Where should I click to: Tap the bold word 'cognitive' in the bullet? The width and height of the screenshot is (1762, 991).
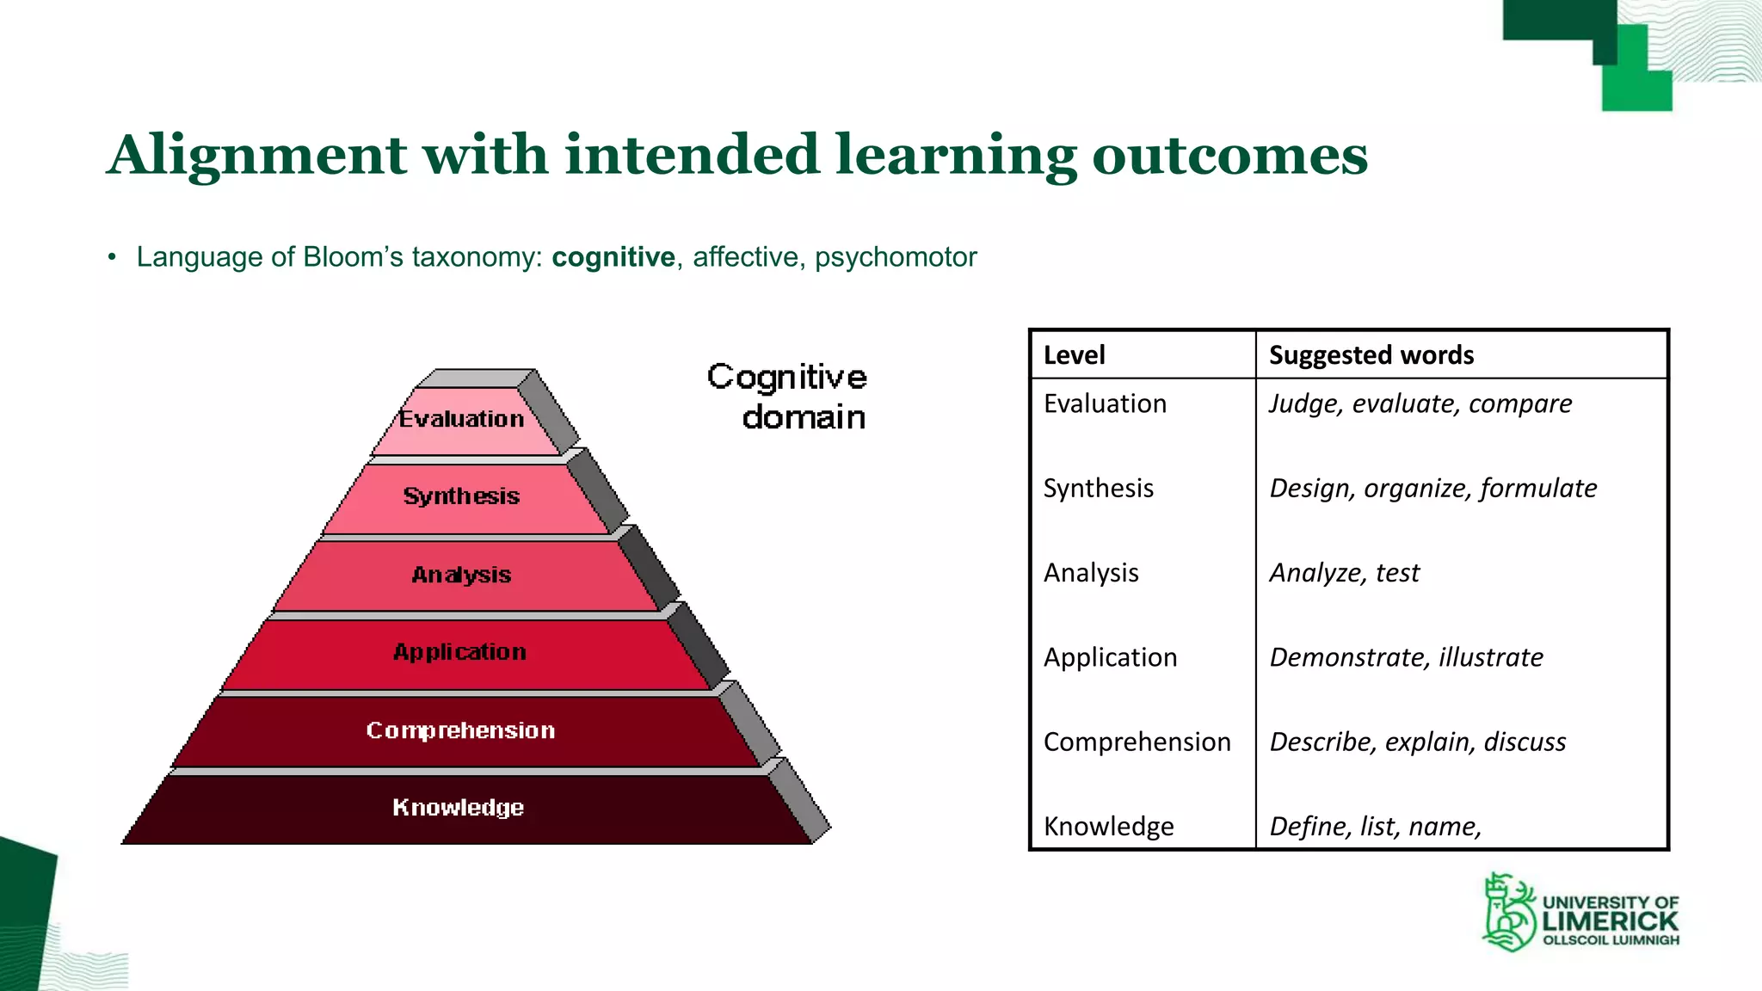coord(613,257)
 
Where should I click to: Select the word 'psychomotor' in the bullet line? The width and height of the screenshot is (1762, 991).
coord(895,257)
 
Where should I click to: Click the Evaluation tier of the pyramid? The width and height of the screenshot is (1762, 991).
coord(462,420)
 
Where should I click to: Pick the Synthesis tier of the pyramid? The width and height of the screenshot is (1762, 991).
coord(462,496)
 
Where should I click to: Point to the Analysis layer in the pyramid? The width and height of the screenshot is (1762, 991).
coord(462,575)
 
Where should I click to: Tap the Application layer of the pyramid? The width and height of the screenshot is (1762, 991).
coord(460,652)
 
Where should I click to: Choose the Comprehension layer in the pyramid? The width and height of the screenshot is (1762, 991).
coord(460,730)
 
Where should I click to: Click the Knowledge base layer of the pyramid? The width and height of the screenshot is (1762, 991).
coord(459,808)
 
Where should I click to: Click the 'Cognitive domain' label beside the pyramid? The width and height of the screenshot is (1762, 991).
coord(788,397)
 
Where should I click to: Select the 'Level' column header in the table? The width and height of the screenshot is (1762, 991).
coord(1074,355)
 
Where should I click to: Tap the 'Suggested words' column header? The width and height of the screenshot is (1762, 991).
coord(1371,355)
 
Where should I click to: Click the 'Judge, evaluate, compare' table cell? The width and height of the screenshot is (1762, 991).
coord(1420,403)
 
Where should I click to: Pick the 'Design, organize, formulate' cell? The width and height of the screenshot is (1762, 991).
coord(1432,489)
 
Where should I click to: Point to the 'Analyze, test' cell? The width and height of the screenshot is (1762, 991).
coord(1344,573)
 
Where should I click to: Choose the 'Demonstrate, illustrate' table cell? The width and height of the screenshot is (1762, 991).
coord(1406,657)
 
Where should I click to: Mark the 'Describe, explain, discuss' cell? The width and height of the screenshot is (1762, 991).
coord(1417,742)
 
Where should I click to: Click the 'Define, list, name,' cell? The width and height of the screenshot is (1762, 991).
coord(1375,826)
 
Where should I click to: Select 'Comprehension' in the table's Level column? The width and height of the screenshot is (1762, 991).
coord(1137,742)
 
